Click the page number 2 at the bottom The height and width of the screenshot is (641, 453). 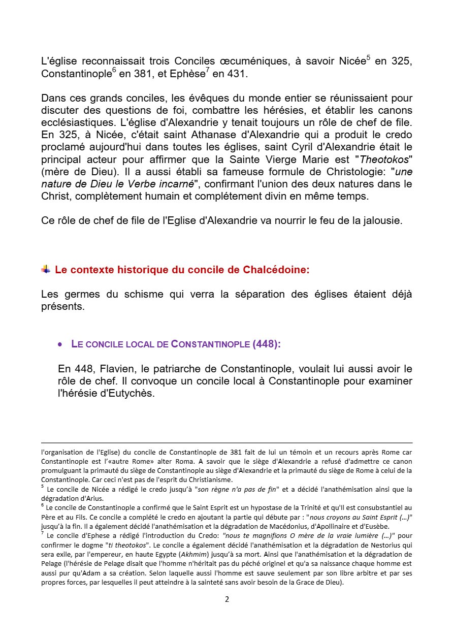tap(227, 599)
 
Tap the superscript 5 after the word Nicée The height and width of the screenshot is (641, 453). tap(368, 58)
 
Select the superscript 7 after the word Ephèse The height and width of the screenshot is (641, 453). tap(208, 70)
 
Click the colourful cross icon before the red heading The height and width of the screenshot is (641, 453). tap(46, 269)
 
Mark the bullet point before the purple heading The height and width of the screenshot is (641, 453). tap(60, 344)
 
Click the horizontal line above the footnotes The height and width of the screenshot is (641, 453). tap(226, 443)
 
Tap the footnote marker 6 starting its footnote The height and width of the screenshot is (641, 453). tap(43, 505)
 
